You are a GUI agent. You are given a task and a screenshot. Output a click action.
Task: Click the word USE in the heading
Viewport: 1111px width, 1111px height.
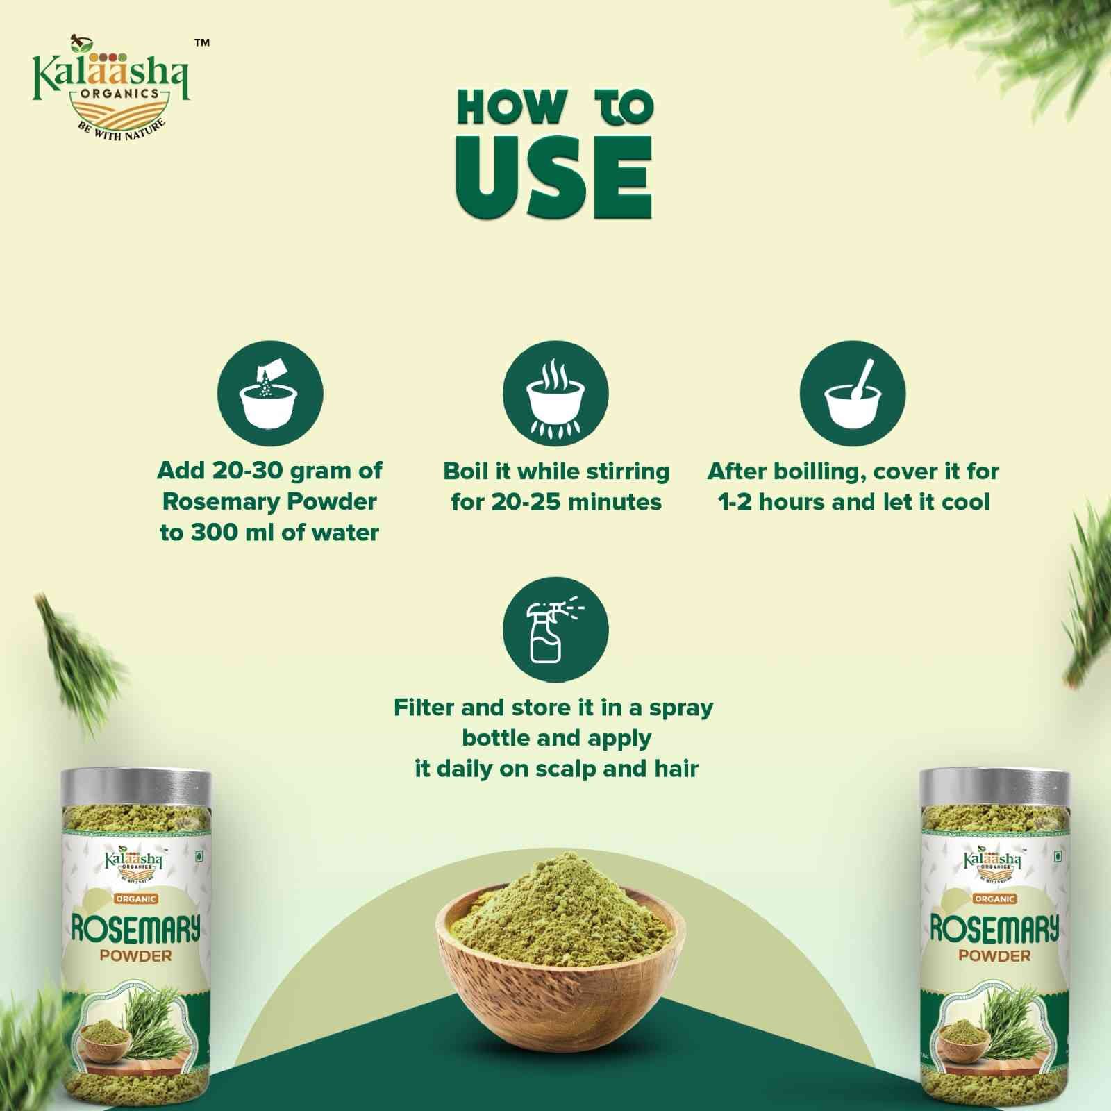553,178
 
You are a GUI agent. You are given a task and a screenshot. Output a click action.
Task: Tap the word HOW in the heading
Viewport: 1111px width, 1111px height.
510,109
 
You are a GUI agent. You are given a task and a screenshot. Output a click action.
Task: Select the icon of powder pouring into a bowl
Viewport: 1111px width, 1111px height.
270,393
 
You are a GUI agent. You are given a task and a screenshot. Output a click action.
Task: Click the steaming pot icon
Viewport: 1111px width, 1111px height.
555,393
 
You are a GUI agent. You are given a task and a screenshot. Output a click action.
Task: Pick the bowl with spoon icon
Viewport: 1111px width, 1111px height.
853,393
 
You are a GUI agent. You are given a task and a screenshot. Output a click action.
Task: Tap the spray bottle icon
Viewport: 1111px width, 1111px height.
555,630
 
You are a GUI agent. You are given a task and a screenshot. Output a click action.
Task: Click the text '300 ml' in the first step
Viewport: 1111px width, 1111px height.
233,533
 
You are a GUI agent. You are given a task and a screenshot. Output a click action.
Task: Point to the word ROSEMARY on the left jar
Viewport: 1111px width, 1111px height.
135,928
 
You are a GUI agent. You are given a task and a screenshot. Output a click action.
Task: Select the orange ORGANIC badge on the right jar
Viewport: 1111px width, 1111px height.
994,899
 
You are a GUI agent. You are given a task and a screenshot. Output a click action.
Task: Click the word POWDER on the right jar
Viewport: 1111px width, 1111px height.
994,955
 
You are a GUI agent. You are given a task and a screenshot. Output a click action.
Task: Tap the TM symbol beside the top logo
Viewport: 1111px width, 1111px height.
201,43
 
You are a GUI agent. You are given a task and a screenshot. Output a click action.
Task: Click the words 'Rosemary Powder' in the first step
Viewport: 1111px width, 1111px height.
269,501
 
